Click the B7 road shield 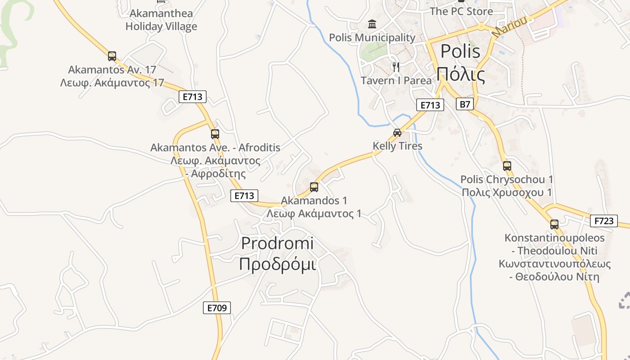point(465,104)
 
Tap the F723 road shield point(604,221)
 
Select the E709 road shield point(216,308)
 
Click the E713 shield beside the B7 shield point(430,105)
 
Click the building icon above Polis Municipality point(372,24)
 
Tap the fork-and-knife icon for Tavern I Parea point(396,67)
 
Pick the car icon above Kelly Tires point(397,132)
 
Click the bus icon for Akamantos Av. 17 point(112,56)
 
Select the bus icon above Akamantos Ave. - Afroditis point(215,134)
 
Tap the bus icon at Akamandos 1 point(314,187)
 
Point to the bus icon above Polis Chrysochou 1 point(507,166)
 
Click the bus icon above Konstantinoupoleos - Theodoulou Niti point(554,224)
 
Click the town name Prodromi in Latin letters point(277,243)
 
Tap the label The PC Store point(461,11)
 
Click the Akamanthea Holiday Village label point(161,20)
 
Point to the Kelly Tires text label point(397,146)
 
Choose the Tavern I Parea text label point(396,81)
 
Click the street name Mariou point(509,25)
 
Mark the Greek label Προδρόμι point(277,264)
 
